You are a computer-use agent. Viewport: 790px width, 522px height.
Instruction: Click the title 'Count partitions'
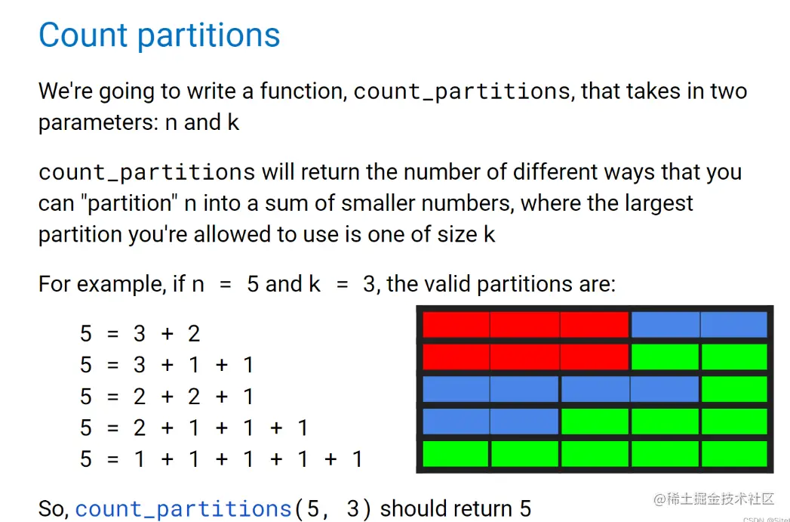pos(159,36)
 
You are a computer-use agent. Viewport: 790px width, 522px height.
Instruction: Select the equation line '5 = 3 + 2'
pos(140,334)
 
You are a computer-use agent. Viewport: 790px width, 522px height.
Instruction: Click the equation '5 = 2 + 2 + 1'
pos(167,397)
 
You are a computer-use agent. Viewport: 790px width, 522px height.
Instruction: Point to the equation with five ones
pos(221,459)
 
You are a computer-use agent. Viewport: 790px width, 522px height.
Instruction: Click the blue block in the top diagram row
pos(699,324)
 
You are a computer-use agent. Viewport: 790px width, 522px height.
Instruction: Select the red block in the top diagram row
pos(525,324)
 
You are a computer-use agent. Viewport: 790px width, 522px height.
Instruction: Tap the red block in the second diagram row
pos(525,357)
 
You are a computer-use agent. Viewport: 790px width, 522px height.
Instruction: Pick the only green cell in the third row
pos(734,389)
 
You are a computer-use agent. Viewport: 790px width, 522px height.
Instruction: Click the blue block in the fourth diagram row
pos(490,421)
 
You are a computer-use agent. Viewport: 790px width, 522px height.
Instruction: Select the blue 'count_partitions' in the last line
pos(184,509)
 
